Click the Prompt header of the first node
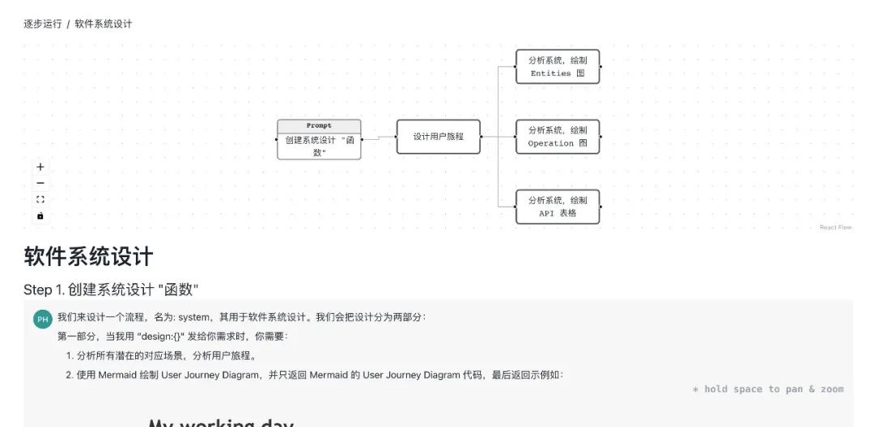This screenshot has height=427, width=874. pyautogui.click(x=319, y=126)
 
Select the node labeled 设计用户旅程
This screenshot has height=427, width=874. pyautogui.click(x=438, y=137)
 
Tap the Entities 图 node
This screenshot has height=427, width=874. pyautogui.click(x=557, y=66)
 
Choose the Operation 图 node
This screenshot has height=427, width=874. pyautogui.click(x=557, y=137)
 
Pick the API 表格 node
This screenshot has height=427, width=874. pyautogui.click(x=557, y=206)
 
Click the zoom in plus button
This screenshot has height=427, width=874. pyautogui.click(x=40, y=167)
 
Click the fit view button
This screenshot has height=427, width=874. pyautogui.click(x=40, y=200)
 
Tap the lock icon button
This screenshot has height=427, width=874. pyautogui.click(x=40, y=216)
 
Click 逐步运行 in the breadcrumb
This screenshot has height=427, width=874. pyautogui.click(x=43, y=24)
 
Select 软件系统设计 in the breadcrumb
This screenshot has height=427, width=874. pyautogui.click(x=104, y=24)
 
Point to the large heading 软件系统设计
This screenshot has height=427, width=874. pyautogui.click(x=88, y=257)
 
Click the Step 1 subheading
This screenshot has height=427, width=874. pyautogui.click(x=111, y=290)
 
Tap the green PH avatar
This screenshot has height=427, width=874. pyautogui.click(x=42, y=319)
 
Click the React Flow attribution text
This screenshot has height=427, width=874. pyautogui.click(x=835, y=227)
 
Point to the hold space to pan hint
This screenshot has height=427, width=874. pyautogui.click(x=767, y=389)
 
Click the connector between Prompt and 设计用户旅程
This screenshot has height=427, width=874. pyautogui.click(x=379, y=138)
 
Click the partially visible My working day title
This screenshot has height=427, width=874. pyautogui.click(x=220, y=422)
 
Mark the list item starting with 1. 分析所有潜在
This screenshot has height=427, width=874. pyautogui.click(x=165, y=356)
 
